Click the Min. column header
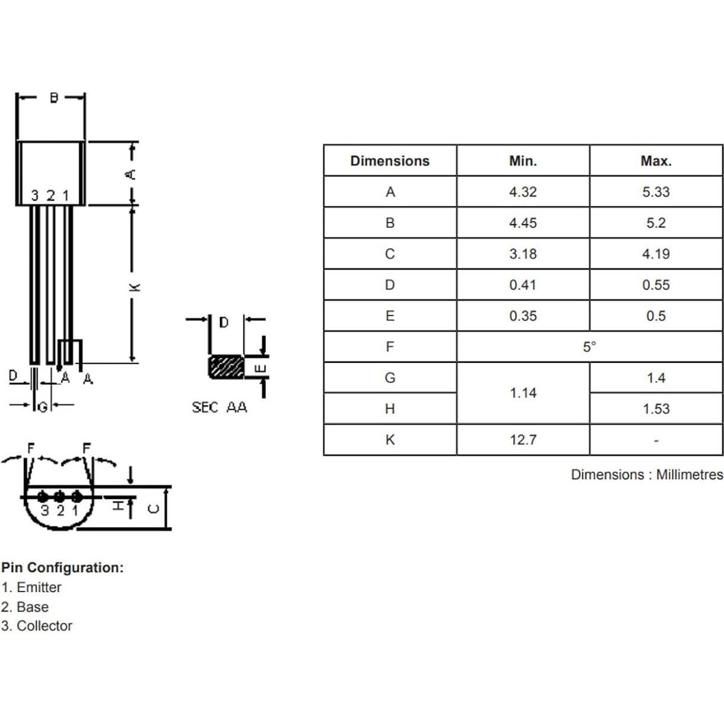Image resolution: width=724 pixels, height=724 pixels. (523, 161)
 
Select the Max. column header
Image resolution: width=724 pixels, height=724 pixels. (655, 161)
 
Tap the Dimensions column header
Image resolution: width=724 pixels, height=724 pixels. (390, 161)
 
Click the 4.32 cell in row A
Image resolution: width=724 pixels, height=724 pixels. (523, 192)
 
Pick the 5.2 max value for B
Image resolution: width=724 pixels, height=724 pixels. (655, 223)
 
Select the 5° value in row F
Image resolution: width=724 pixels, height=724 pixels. (589, 347)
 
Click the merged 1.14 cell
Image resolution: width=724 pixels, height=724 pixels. (523, 393)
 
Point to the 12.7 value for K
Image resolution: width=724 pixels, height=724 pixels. (523, 440)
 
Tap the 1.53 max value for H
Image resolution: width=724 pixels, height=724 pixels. (655, 409)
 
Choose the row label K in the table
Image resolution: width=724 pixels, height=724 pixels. (390, 440)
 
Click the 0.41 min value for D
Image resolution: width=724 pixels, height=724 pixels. (523, 285)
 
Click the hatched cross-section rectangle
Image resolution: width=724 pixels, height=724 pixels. (226, 367)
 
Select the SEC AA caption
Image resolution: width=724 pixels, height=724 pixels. (219, 407)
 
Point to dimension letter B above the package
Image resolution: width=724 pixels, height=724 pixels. (53, 98)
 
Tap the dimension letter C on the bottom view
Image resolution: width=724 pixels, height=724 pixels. (153, 508)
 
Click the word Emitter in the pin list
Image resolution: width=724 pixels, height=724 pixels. (39, 587)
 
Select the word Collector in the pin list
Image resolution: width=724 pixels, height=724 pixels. (44, 626)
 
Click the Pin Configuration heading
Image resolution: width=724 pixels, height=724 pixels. (62, 568)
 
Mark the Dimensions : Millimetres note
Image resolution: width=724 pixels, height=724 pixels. (646, 475)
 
